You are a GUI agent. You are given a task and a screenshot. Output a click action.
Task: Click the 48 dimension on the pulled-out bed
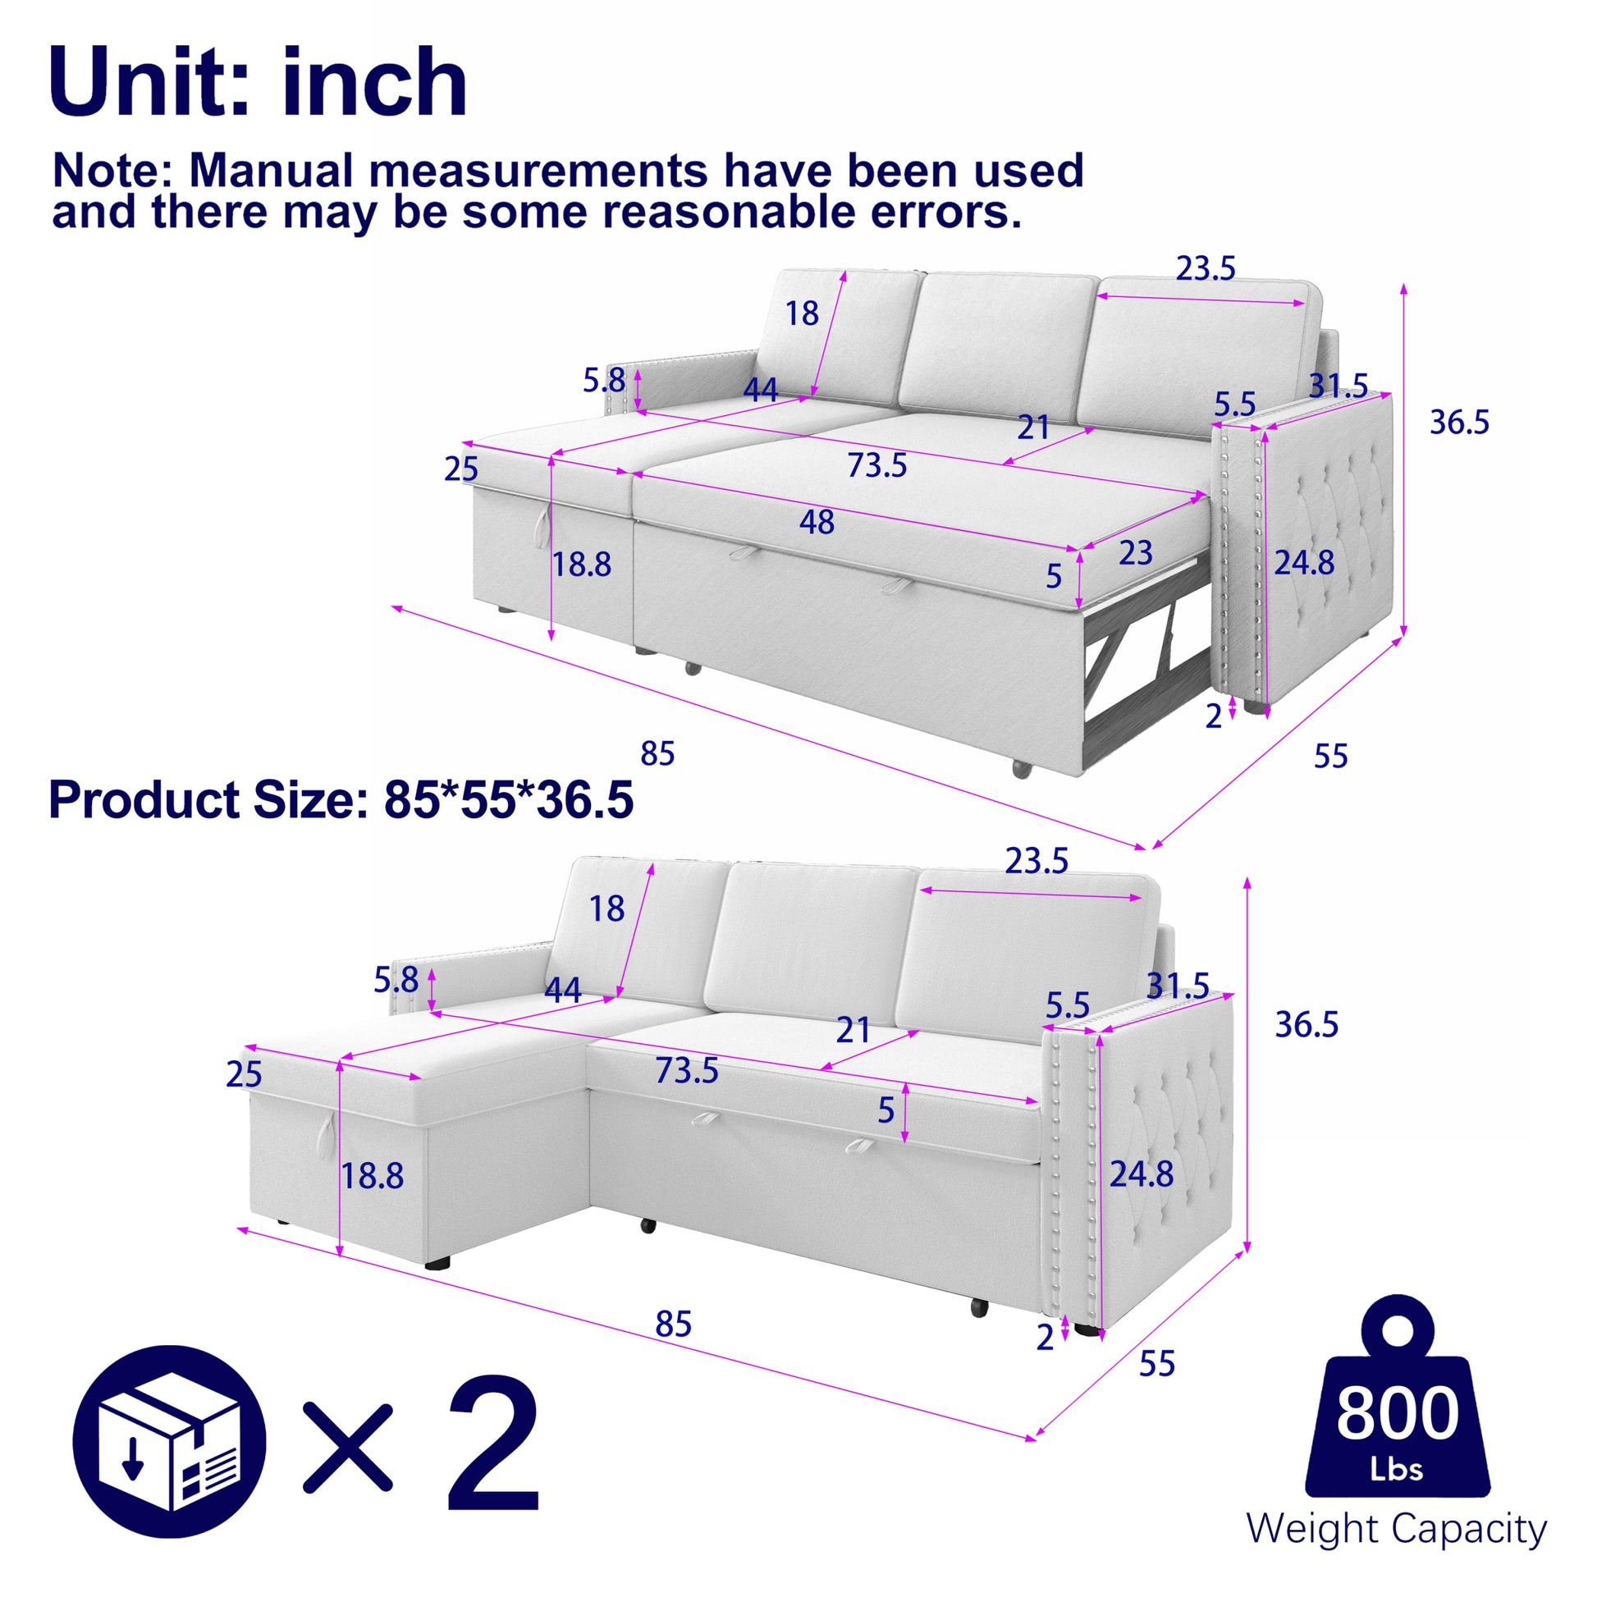coord(816,523)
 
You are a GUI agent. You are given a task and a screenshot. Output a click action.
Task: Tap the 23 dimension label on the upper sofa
coord(1135,553)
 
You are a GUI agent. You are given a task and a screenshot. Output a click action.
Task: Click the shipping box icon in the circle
coord(169,1442)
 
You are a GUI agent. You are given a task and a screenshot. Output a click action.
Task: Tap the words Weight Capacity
coord(1396,1529)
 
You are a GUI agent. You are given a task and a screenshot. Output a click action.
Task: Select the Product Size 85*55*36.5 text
coord(341,800)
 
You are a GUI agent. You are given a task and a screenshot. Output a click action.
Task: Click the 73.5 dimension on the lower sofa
coord(687,1071)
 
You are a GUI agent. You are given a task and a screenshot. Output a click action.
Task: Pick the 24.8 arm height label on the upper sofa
coord(1303,563)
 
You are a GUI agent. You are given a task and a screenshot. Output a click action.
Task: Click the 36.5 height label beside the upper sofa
coord(1459,423)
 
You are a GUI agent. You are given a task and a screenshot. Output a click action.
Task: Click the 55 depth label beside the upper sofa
coord(1330,757)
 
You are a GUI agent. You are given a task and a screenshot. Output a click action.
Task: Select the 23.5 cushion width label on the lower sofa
coord(1036,862)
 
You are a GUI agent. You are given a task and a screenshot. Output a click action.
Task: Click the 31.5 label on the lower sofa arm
coord(1177,986)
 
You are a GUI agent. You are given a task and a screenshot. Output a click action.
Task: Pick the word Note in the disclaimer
coord(111,171)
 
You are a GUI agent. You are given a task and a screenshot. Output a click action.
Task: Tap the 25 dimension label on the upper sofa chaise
coord(460,469)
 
